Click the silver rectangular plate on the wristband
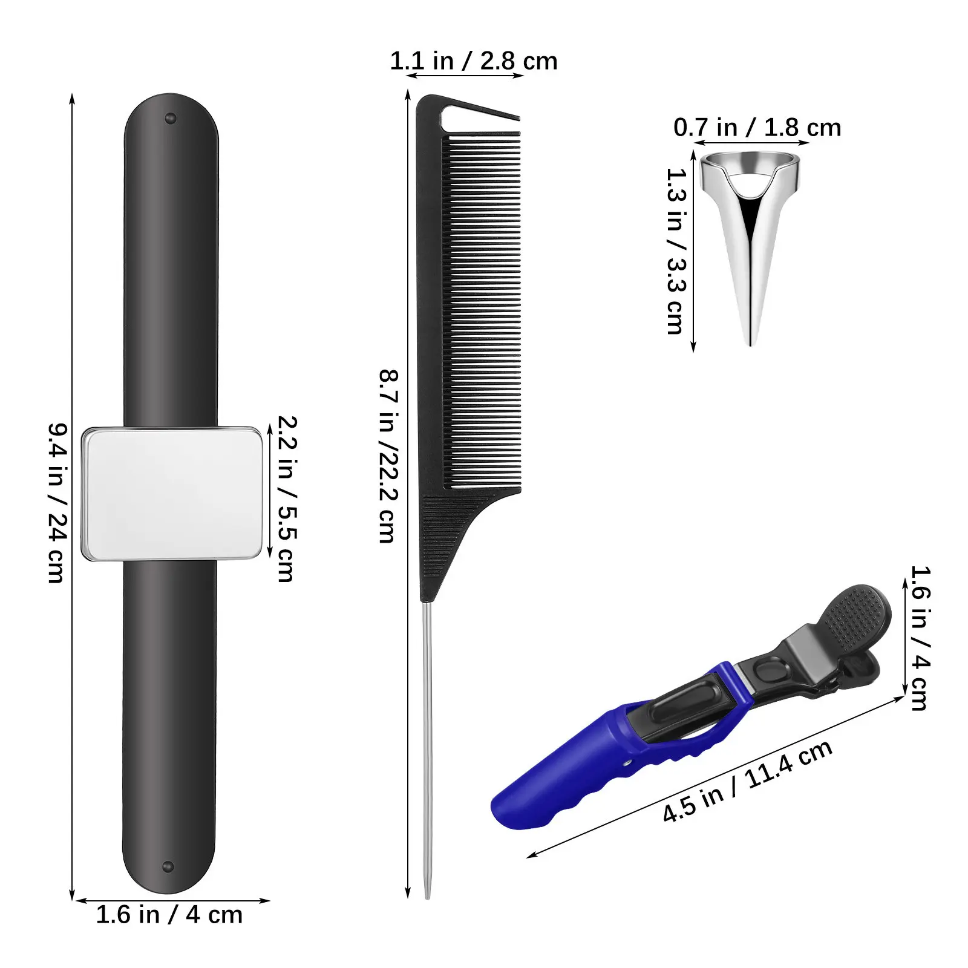tap(172, 494)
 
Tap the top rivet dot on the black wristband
tap(170, 118)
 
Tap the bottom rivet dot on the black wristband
tap(169, 867)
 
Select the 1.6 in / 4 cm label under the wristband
tap(169, 915)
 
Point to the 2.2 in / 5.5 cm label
tap(286, 499)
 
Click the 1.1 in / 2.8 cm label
tap(473, 61)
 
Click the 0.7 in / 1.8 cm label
tap(757, 128)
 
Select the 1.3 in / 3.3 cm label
tap(675, 251)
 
